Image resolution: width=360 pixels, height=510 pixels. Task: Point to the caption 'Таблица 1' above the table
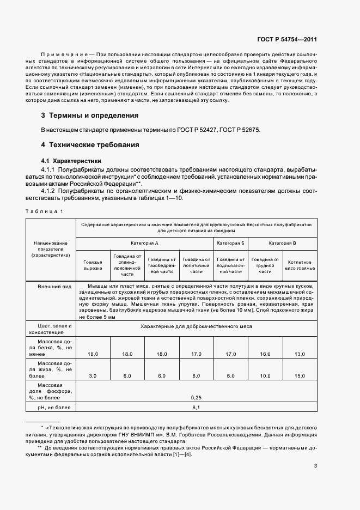[44, 211]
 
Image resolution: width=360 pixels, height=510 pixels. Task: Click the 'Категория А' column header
[145, 243]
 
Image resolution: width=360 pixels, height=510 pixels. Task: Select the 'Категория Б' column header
[230, 243]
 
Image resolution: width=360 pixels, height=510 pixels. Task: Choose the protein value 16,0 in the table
[265, 354]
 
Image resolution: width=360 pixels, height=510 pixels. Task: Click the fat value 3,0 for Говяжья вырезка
[93, 376]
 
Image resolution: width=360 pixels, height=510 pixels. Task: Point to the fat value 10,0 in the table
[265, 376]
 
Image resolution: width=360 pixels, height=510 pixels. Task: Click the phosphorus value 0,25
[196, 397]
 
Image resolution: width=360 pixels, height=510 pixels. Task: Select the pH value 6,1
[196, 407]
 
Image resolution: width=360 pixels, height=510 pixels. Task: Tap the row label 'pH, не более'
[50, 407]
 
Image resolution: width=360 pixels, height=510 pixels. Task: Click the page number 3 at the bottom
[315, 466]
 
